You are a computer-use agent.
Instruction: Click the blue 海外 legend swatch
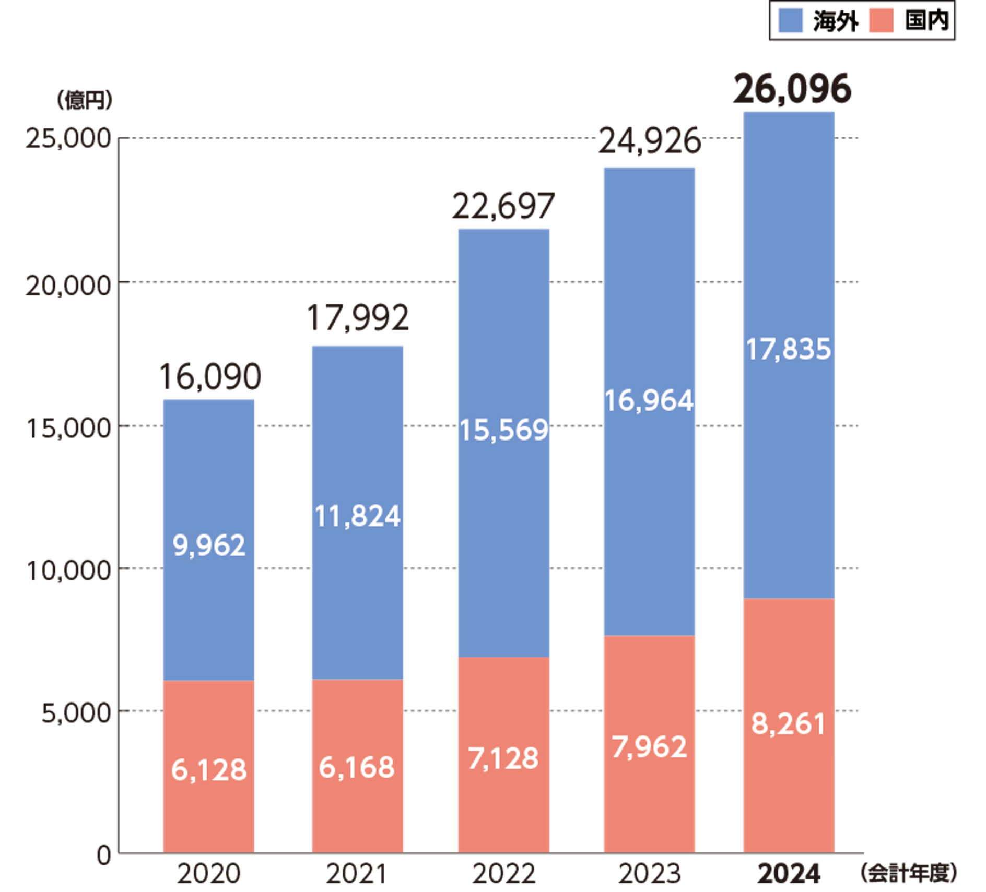(x=790, y=21)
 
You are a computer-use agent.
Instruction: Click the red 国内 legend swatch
(x=882, y=21)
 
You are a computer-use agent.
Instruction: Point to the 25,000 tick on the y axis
(x=68, y=139)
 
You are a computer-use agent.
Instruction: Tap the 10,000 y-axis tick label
(x=68, y=570)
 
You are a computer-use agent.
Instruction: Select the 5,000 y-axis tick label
(x=76, y=713)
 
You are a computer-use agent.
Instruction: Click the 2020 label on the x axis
(x=208, y=874)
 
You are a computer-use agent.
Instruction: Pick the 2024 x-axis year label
(x=789, y=874)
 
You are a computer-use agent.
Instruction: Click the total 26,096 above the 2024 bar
(x=792, y=89)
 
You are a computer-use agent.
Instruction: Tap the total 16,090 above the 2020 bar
(x=209, y=377)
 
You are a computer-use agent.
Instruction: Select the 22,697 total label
(x=503, y=206)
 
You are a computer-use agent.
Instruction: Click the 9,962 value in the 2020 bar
(x=209, y=545)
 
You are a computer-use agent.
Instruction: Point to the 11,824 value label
(x=358, y=516)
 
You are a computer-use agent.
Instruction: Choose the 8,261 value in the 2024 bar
(x=789, y=724)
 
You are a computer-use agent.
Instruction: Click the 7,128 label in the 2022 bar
(x=503, y=758)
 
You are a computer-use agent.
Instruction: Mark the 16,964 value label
(x=649, y=401)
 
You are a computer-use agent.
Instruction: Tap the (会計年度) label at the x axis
(x=909, y=873)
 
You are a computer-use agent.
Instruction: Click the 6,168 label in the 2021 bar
(x=357, y=767)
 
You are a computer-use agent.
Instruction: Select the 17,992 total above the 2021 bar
(x=358, y=318)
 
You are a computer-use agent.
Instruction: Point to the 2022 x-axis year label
(x=503, y=874)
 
